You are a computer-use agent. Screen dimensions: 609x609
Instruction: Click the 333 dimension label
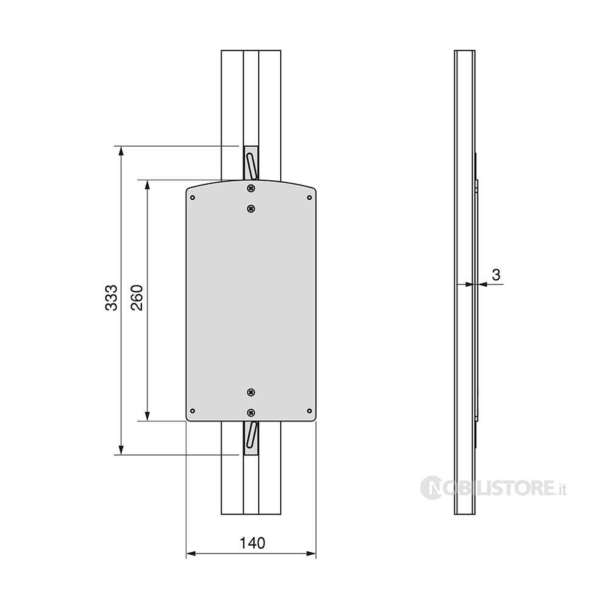(111, 298)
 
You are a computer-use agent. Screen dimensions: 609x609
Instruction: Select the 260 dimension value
(137, 298)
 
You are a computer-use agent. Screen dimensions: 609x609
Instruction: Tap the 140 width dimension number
(252, 543)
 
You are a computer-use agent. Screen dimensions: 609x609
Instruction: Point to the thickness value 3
(496, 275)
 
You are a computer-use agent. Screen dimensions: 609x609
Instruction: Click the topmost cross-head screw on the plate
(252, 188)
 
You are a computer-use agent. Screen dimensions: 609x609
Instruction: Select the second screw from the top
(252, 209)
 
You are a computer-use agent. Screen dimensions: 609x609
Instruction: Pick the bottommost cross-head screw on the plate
(252, 412)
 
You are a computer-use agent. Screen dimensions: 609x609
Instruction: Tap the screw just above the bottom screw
(252, 392)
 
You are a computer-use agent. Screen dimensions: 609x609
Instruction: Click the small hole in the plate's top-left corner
(192, 198)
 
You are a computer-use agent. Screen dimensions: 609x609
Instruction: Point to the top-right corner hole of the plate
(309, 198)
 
